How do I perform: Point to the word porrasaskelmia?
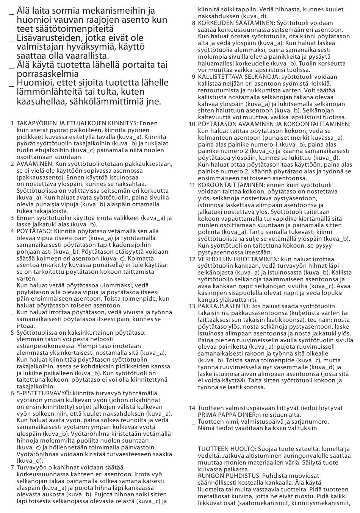coord(48,74)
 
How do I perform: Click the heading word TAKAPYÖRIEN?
coord(36,123)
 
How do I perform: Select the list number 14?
coord(192,408)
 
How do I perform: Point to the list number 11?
coord(192,185)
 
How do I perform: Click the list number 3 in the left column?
coord(13,218)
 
